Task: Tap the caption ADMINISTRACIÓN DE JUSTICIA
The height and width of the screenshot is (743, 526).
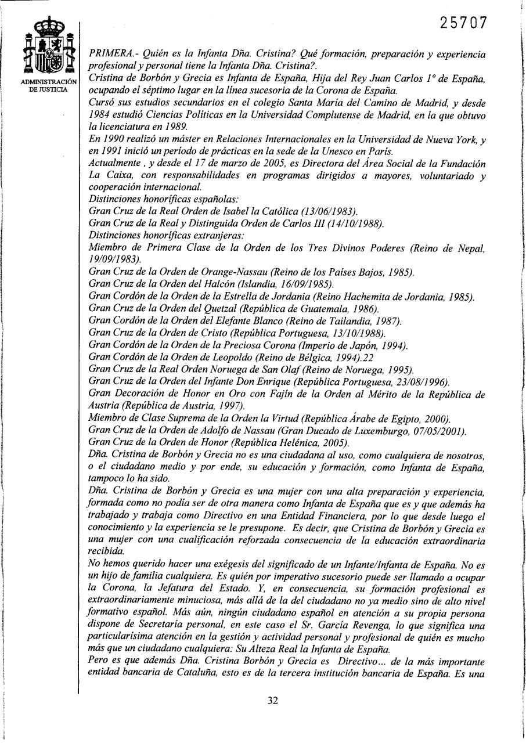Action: tap(49, 85)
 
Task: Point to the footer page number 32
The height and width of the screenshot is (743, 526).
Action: tap(273, 700)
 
